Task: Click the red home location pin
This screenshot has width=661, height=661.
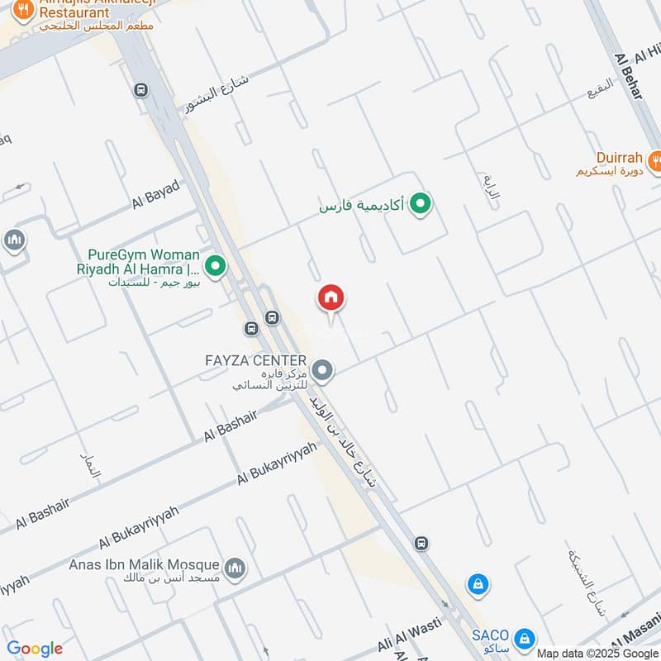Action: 330,298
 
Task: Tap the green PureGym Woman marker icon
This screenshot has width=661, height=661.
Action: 216,266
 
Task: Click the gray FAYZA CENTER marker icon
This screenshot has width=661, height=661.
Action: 323,370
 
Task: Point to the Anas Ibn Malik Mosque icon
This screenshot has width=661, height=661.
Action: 235,568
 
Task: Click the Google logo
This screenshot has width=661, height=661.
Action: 35,649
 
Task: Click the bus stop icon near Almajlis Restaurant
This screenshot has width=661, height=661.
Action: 140,89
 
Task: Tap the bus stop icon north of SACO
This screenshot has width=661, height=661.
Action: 421,543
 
